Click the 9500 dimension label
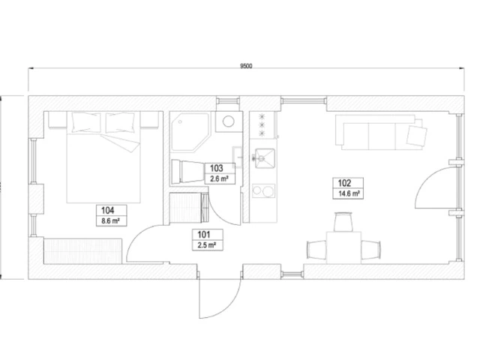[246, 66]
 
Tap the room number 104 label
[108, 211]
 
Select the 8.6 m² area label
[110, 220]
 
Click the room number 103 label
[217, 168]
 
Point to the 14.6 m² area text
[349, 193]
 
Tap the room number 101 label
[204, 235]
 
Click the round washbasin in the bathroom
[228, 121]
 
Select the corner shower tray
[190, 132]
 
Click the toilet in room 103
[188, 172]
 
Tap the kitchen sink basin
[265, 158]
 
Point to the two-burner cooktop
[263, 191]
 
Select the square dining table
[343, 247]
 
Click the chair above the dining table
[343, 222]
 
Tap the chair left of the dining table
[316, 250]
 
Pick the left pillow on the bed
[86, 122]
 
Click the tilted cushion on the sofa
[416, 135]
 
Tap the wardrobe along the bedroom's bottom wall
[83, 251]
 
